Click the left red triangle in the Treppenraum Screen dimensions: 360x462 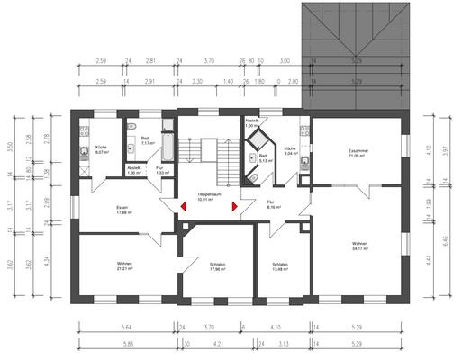183,206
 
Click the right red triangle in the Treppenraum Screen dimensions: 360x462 234,206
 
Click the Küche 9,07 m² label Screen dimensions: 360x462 102,150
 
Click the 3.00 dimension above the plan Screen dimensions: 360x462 285,62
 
